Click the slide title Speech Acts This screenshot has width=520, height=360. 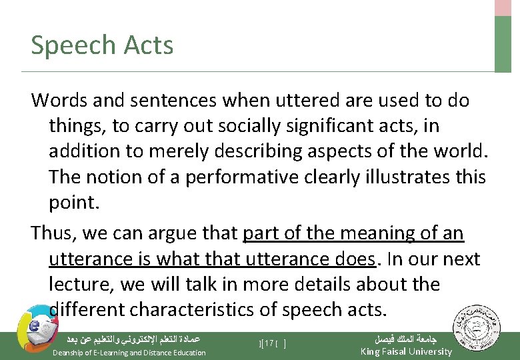tap(102, 45)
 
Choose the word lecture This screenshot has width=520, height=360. tap(82, 285)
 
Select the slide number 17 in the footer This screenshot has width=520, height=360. tap(269, 344)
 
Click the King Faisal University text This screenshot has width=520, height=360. tap(406, 351)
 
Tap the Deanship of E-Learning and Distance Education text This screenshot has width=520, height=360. tap(129, 352)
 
